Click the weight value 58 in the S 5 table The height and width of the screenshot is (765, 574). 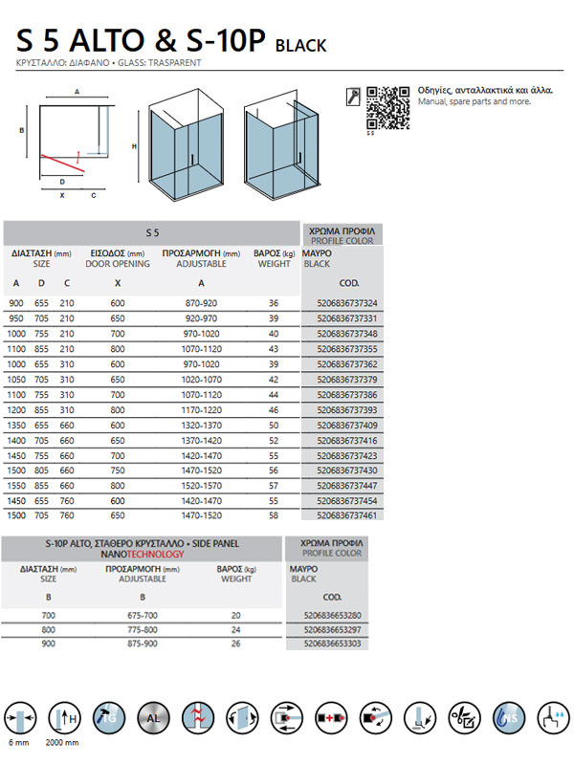tap(273, 514)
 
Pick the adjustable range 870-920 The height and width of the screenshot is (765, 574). tap(200, 303)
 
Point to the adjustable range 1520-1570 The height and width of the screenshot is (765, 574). tap(200, 485)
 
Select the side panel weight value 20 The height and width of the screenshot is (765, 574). tap(236, 615)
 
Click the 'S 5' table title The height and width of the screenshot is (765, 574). tap(152, 232)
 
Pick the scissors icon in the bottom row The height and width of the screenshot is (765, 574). tap(464, 717)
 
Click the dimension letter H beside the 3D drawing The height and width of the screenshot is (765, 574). tap(135, 145)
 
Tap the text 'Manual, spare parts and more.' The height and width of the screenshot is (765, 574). tap(472, 100)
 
